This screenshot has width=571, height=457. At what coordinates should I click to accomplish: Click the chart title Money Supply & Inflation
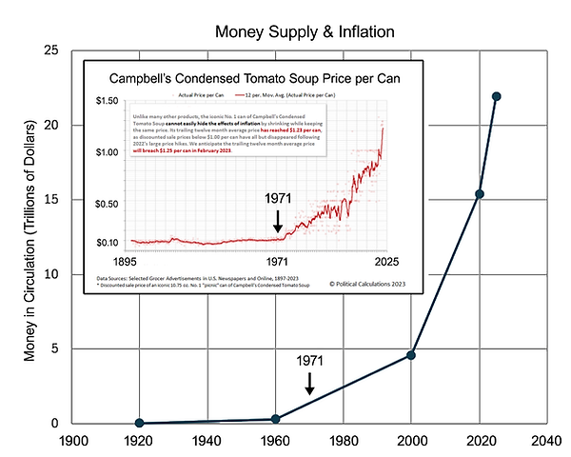pyautogui.click(x=305, y=32)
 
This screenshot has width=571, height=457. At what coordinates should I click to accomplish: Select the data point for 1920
pyautogui.click(x=140, y=423)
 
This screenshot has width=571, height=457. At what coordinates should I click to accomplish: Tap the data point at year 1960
pyautogui.click(x=276, y=419)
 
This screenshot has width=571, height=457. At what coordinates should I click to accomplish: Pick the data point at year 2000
pyautogui.click(x=411, y=355)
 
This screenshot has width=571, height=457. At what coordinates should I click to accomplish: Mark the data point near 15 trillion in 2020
pyautogui.click(x=480, y=194)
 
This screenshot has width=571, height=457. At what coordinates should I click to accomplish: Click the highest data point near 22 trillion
pyautogui.click(x=497, y=96)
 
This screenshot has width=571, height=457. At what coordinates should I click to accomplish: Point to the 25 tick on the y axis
pyautogui.click(x=53, y=50)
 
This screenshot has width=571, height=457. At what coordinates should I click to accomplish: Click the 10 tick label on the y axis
pyautogui.click(x=53, y=274)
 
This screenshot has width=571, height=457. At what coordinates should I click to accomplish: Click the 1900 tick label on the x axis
pyautogui.click(x=72, y=442)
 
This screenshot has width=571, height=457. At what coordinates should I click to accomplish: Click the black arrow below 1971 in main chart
pyautogui.click(x=309, y=384)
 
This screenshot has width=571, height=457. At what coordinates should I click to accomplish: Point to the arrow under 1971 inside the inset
pyautogui.click(x=278, y=222)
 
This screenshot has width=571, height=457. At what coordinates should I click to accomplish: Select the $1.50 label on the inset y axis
pyautogui.click(x=108, y=101)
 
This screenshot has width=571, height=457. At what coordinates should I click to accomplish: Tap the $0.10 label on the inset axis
pyautogui.click(x=108, y=242)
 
